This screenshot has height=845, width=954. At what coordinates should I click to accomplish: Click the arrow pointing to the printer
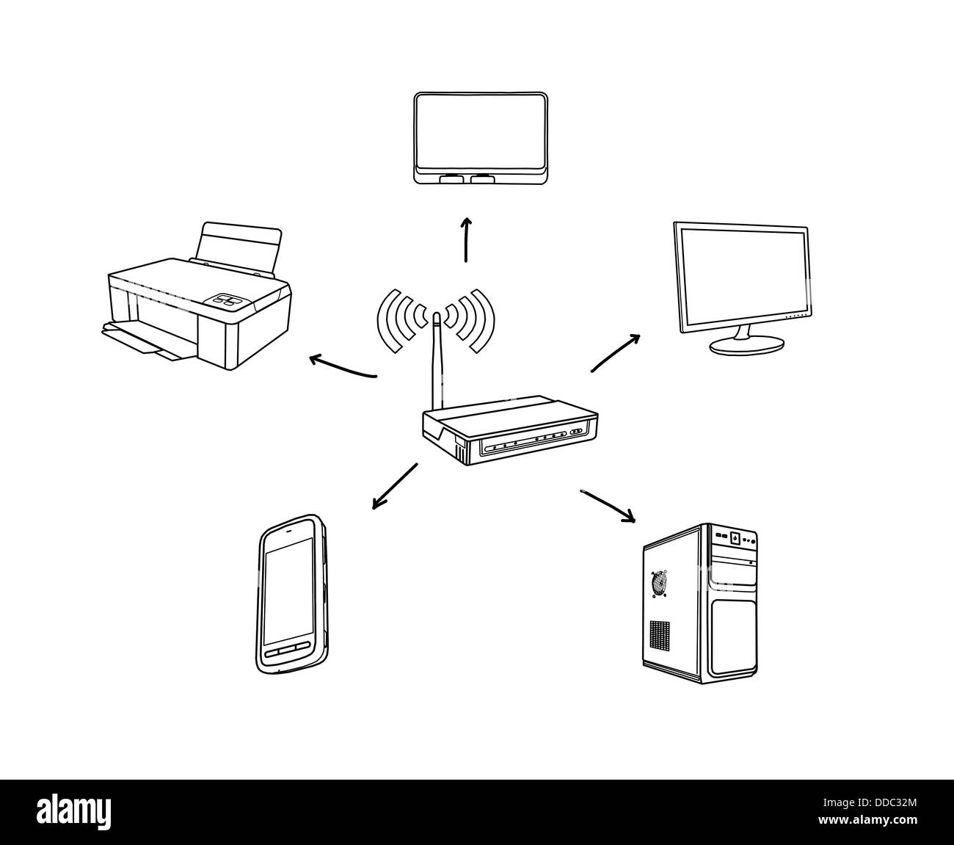(x=341, y=367)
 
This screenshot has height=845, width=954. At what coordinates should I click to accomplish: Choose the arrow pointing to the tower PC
(x=608, y=505)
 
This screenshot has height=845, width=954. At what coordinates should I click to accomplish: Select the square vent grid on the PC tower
(x=660, y=633)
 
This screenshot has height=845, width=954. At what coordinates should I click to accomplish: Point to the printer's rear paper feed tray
(x=238, y=246)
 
